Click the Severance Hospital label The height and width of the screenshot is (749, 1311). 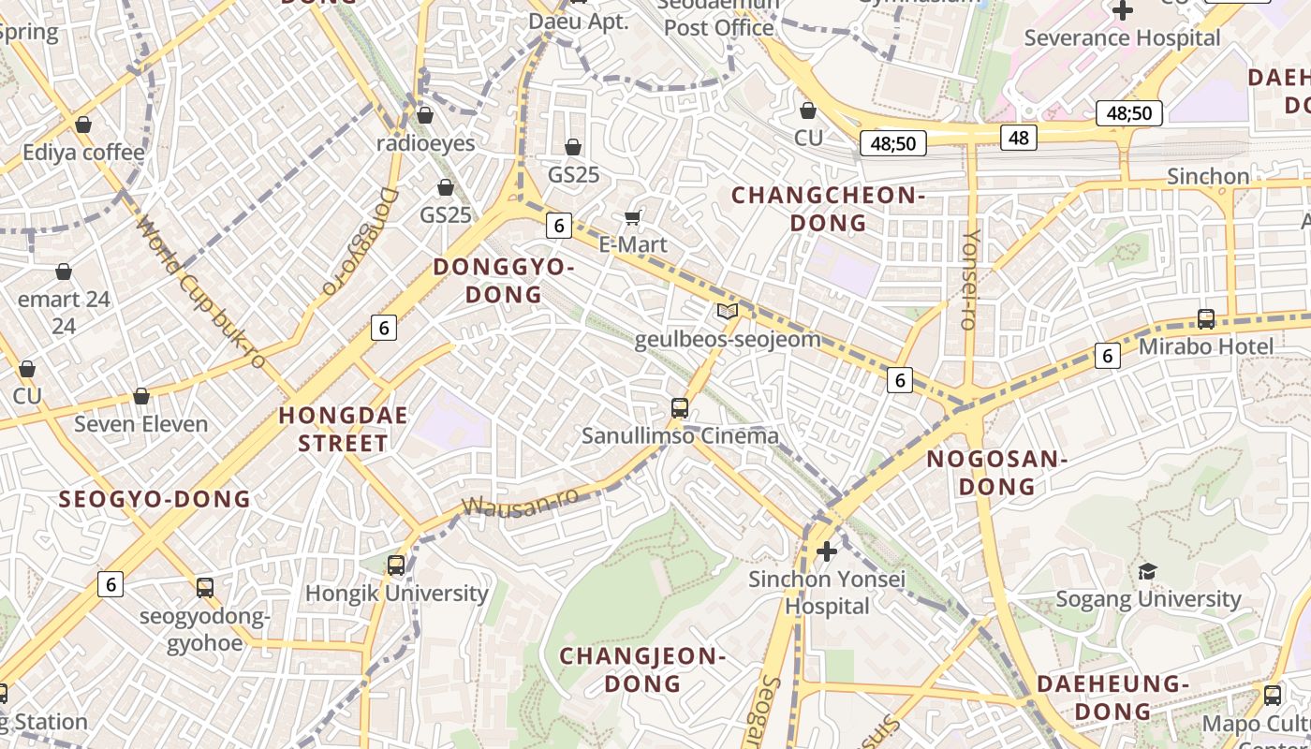pos(1122,38)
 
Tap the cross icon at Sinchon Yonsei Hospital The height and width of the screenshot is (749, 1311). pos(826,551)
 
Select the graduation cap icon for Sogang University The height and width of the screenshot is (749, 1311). pos(1147,571)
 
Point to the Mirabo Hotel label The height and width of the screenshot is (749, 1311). pos(1206,346)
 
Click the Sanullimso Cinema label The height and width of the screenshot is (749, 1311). pos(680,435)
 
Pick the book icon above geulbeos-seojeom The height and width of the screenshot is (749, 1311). pos(727,311)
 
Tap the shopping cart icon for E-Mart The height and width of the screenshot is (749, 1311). pos(633,218)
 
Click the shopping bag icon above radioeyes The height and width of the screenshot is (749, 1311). pos(425,115)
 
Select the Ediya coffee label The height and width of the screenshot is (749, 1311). pos(84,153)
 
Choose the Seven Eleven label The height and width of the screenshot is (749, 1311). pos(141,424)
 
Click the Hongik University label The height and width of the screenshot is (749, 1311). pos(397,594)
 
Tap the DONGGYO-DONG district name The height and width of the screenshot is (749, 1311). pos(504,281)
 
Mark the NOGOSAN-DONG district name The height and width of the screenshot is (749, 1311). pos(996,473)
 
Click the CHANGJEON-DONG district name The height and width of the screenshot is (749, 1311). pos(642,669)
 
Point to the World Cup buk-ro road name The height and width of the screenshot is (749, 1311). pos(200,292)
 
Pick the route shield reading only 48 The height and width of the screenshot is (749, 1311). pos(1018,138)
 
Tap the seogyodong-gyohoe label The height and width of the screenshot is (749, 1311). pos(204,630)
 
